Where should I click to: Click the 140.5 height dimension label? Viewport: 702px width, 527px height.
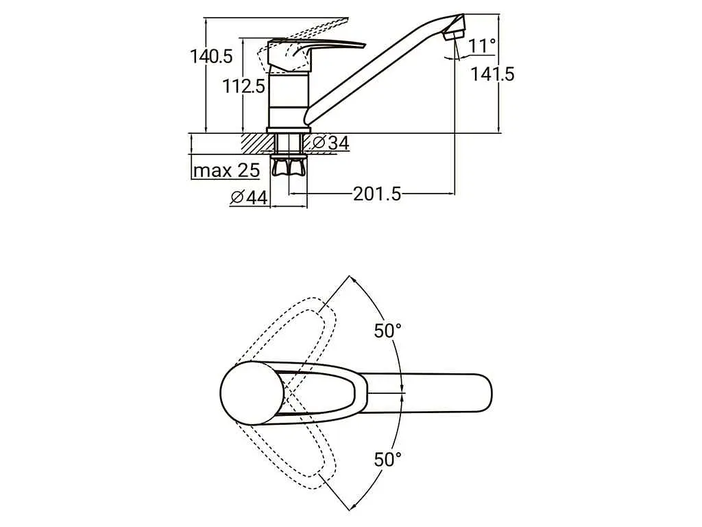pos(211,56)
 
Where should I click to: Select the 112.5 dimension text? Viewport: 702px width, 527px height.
pos(244,86)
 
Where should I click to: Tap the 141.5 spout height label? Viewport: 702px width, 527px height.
pos(492,74)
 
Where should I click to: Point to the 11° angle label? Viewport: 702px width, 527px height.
pos(482,46)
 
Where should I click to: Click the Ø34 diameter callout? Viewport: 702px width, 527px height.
pos(330,143)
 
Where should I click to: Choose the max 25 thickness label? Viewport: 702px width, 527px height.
pos(226,170)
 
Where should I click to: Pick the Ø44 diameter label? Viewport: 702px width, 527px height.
pos(249,197)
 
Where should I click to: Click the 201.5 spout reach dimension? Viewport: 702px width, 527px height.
pos(377,194)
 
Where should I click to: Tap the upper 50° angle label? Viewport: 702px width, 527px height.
pos(388,331)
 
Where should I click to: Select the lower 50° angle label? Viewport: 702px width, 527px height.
pos(388,459)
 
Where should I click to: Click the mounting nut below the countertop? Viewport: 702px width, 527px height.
pos(289,165)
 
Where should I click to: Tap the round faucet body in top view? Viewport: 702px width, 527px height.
pos(252,393)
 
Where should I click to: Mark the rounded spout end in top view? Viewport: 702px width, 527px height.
pos(480,393)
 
